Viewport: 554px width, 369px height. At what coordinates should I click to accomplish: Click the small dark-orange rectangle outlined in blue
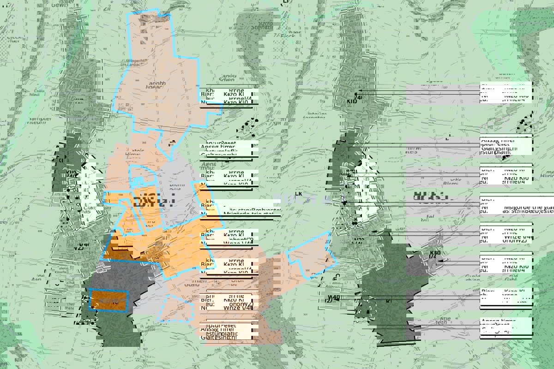click(x=108, y=301)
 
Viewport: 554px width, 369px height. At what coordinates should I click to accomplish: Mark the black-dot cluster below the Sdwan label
click(x=249, y=127)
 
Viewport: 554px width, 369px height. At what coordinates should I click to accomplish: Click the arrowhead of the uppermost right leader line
click(x=360, y=91)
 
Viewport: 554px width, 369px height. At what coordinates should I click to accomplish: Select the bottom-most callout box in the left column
click(x=226, y=332)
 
